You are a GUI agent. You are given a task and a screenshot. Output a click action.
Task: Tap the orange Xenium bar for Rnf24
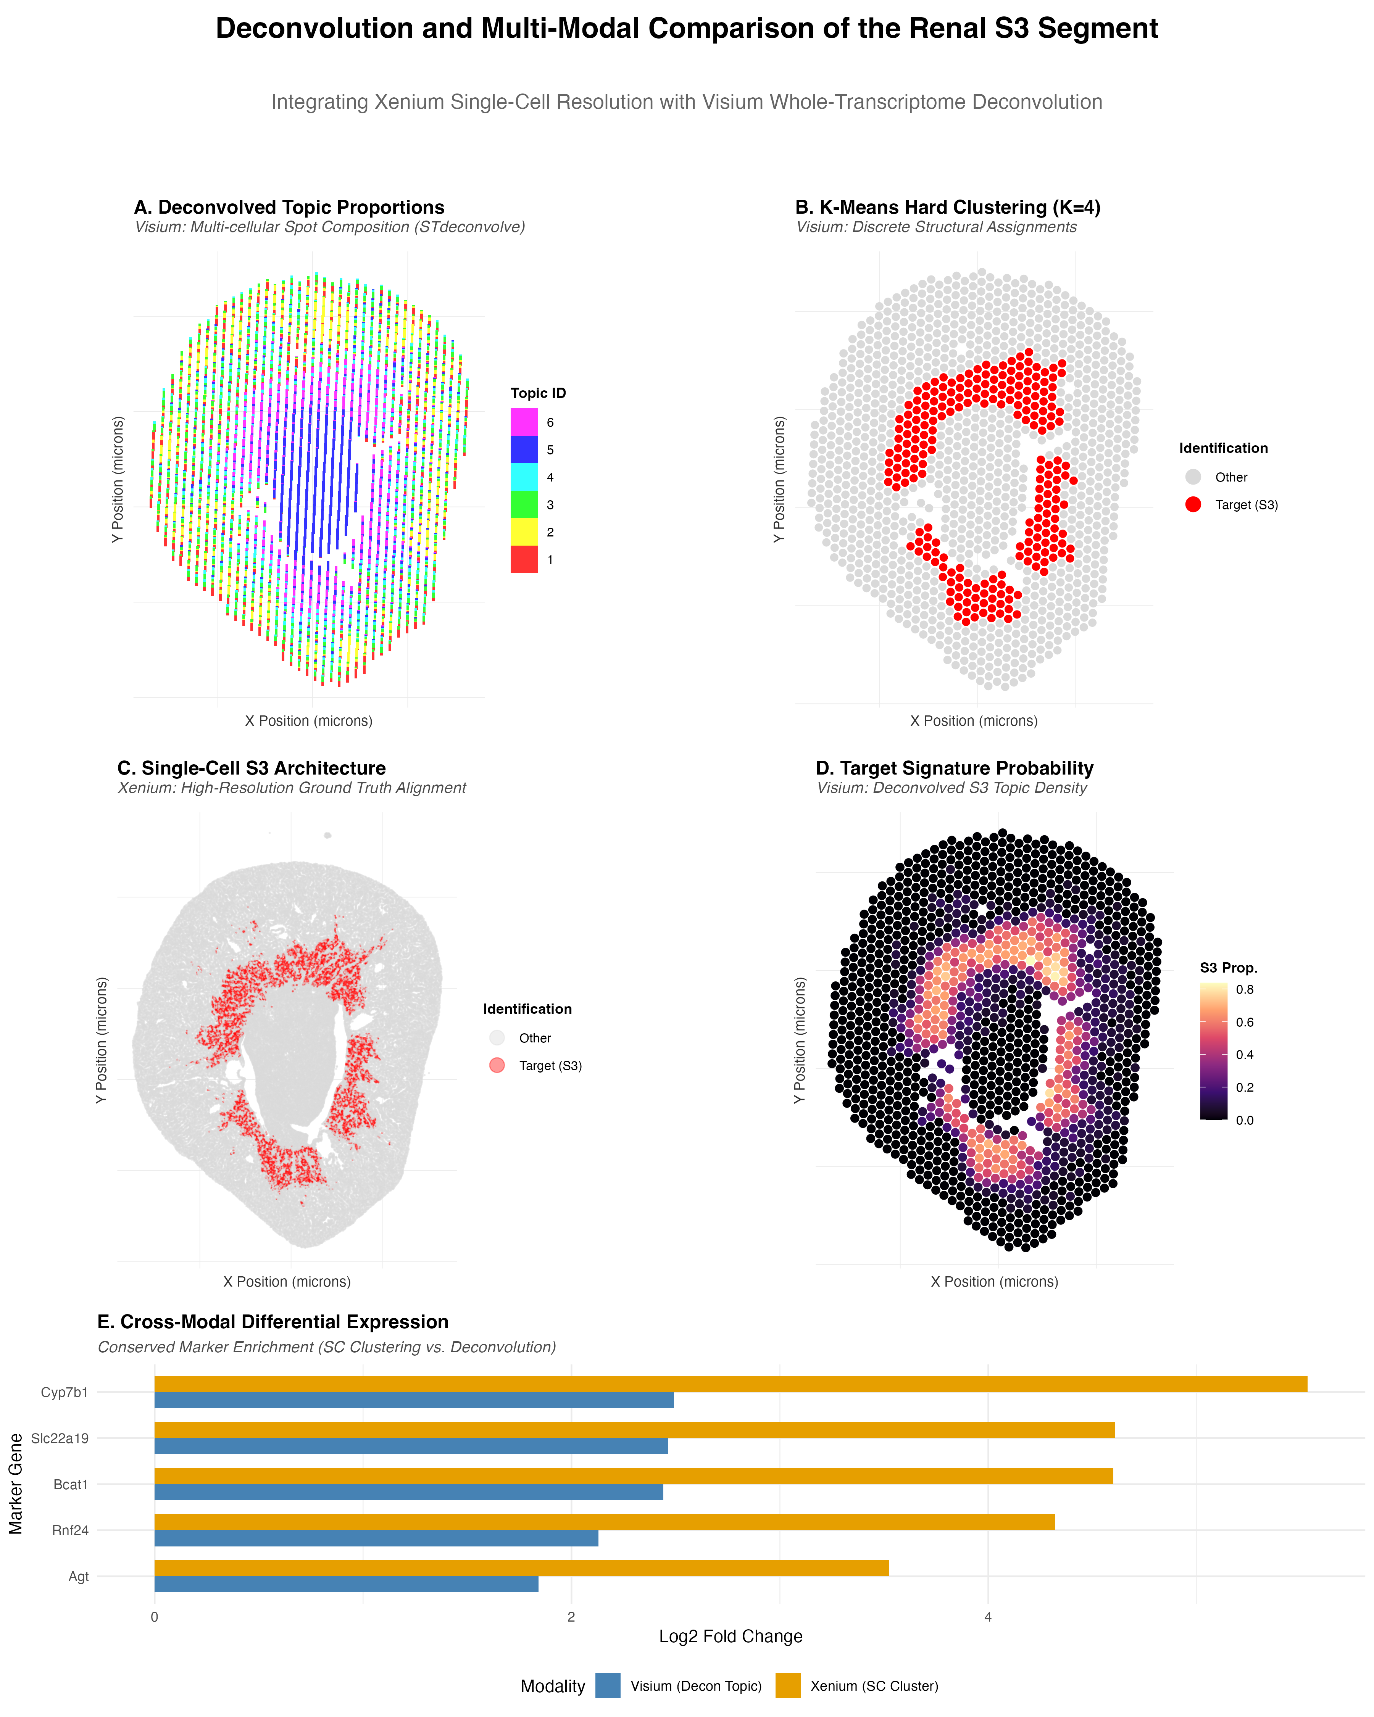click(604, 1522)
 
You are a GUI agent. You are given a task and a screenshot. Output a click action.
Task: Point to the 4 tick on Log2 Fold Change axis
click(988, 1617)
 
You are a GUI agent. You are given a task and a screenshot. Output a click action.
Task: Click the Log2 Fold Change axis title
click(731, 1636)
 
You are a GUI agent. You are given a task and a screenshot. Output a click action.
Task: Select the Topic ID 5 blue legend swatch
click(524, 450)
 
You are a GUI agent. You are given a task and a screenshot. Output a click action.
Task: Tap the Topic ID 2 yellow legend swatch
click(524, 532)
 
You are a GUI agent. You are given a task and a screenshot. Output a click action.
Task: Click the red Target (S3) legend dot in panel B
click(1192, 504)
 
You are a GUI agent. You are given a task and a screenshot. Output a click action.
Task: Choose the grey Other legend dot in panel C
click(497, 1038)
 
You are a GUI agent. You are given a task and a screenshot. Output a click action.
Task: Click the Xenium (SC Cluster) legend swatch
click(788, 1686)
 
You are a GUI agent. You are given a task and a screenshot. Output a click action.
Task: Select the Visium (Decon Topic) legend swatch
click(608, 1686)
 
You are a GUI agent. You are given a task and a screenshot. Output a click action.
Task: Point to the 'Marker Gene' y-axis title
click(16, 1483)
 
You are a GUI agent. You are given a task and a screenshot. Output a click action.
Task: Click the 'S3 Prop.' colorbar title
click(1228, 968)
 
